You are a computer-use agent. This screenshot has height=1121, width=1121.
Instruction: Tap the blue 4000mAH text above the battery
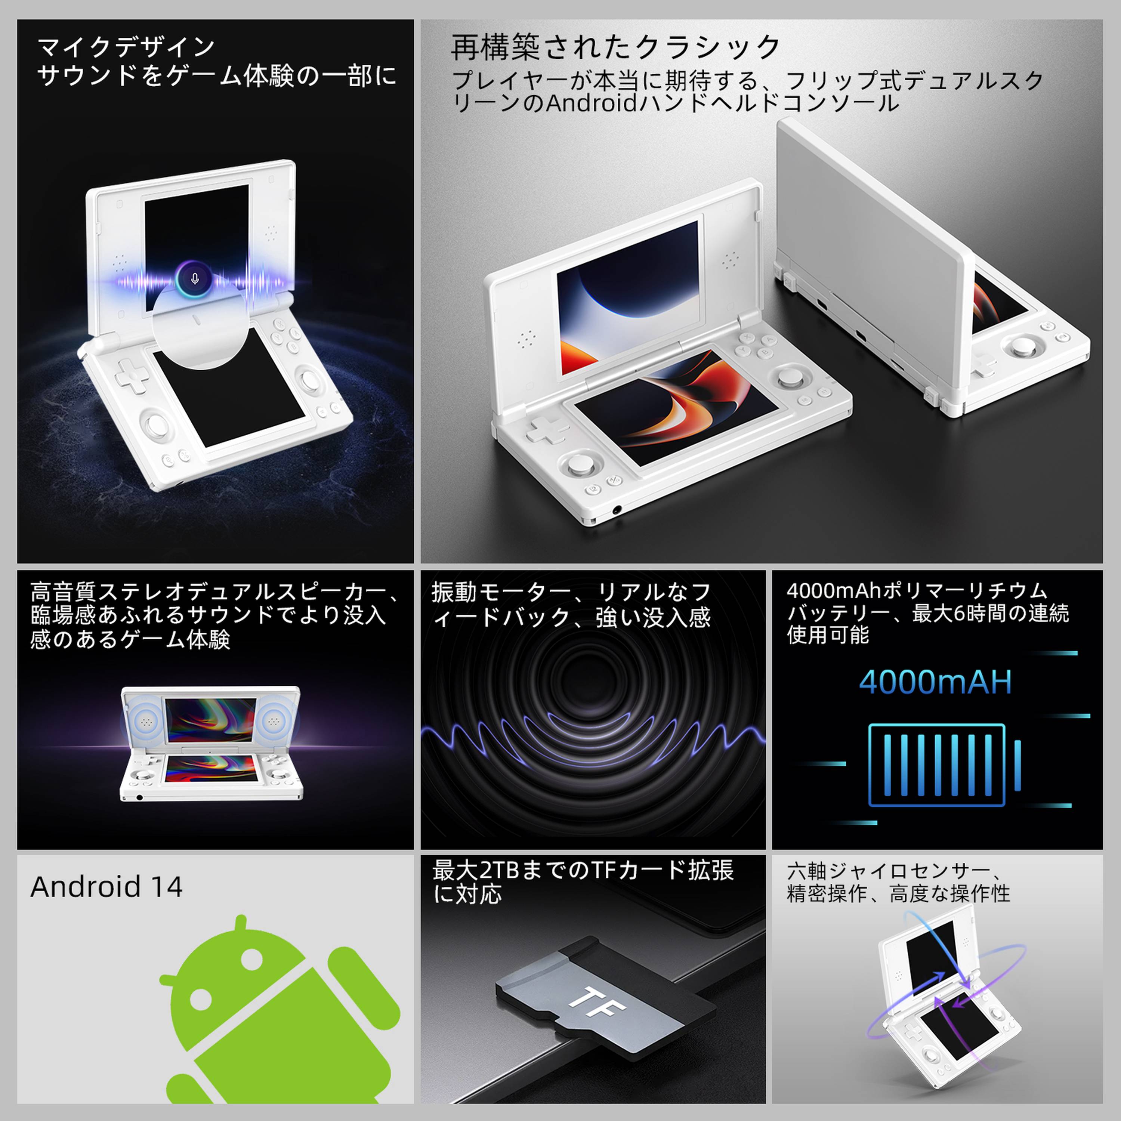coord(935,682)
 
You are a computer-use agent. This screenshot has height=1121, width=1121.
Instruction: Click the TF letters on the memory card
coord(596,1002)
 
